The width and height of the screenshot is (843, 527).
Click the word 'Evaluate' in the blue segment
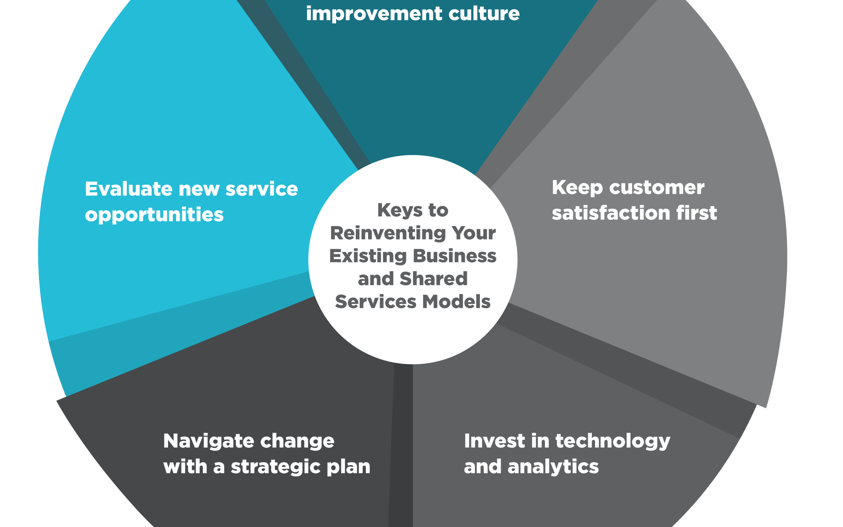pos(129,189)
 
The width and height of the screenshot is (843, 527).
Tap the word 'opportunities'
pos(154,215)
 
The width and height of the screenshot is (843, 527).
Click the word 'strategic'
pos(275,467)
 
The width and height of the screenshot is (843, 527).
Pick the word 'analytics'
pos(553,467)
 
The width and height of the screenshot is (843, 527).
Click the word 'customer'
pos(657,188)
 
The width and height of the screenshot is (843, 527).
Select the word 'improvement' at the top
pos(374,14)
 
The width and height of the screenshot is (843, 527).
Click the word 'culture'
pos(484,14)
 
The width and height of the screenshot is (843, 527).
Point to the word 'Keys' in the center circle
pos(400,211)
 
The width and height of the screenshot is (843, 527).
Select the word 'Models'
pos(457,302)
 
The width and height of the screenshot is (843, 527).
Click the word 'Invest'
pos(495,441)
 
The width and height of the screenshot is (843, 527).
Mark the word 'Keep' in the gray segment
pos(577,188)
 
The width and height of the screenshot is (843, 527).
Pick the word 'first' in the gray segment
pos(697,213)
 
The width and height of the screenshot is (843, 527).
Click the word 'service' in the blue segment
pos(262,189)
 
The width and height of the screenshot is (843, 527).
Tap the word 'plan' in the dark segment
pos(349,467)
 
